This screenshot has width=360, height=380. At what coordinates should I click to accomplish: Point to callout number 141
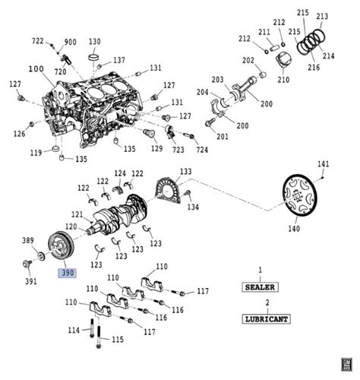[323, 165]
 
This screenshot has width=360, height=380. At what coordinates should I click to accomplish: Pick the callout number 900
[70, 42]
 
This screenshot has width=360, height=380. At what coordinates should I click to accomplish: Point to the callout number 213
[322, 16]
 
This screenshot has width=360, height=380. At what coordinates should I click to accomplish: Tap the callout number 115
[117, 339]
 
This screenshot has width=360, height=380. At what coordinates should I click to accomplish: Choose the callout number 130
[95, 42]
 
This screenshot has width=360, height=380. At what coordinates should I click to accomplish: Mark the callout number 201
[222, 137]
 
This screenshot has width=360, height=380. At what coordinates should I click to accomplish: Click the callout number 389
[28, 239]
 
